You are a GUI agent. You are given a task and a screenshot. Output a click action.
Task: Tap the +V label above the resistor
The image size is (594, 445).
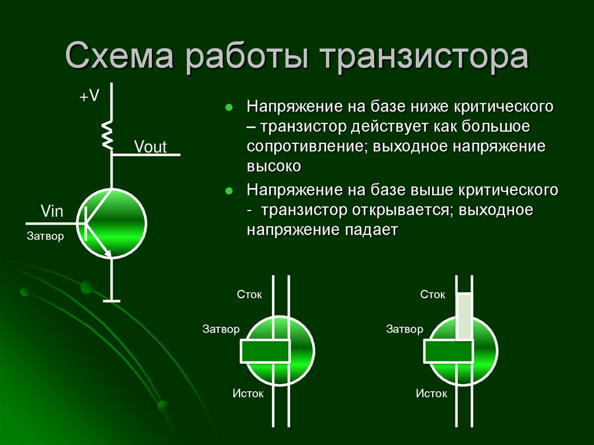90,97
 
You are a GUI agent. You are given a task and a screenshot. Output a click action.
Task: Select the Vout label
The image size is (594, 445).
150,147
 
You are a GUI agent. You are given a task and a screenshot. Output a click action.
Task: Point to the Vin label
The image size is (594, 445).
52,211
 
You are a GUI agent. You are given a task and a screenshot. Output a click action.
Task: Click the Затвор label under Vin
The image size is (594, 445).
46,236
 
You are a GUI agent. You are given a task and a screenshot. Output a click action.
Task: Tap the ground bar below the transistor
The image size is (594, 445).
111,301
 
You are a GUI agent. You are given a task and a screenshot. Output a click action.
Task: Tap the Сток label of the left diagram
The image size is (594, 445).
249,295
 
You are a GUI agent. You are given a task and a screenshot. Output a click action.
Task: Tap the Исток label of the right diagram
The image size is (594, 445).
432,394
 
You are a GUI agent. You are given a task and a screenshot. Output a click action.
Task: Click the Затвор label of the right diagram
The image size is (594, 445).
404,330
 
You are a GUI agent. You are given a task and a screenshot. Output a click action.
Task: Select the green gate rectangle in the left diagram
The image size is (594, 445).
265,351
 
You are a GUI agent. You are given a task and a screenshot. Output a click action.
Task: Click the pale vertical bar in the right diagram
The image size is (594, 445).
464,317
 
